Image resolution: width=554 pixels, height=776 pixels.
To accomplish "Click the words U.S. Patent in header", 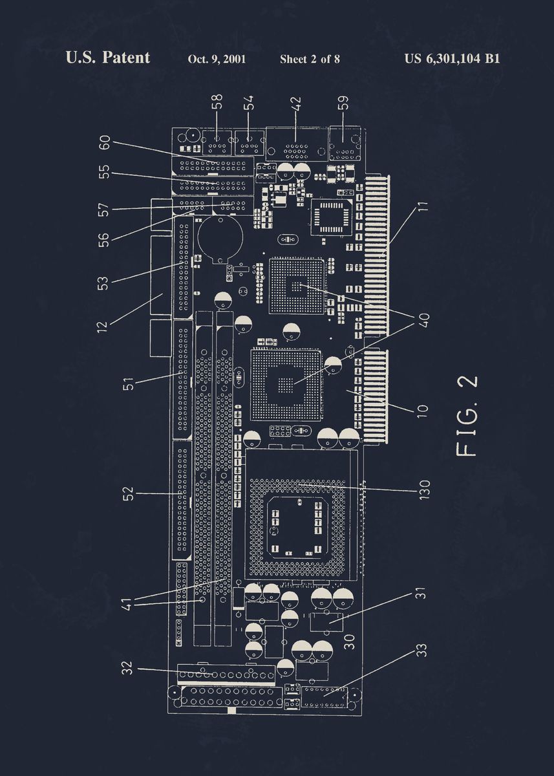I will pos(107,58).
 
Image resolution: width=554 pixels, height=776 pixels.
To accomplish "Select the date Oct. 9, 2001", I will pos(217,59).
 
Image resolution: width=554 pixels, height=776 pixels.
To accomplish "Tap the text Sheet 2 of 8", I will pos(310,59).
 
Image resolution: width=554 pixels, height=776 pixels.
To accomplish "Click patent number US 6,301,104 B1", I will pos(452,59).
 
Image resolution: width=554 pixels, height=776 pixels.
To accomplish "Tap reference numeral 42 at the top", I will pos(297,104).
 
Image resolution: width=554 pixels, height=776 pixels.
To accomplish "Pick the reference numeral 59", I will pos(343,103).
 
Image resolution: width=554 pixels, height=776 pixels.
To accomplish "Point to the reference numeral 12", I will pos(102,323).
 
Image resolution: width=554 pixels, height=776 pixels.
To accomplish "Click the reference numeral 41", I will pos(127,604).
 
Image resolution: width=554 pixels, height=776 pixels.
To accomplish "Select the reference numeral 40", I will pos(423,320).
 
